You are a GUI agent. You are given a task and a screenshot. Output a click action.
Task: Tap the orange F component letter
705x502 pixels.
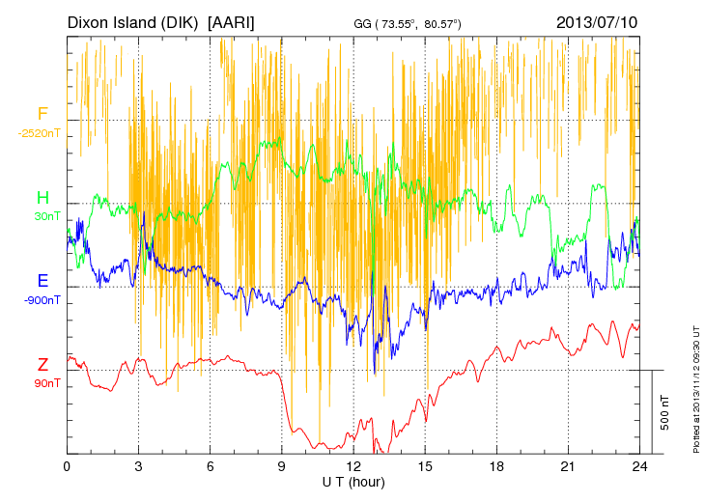pyautogui.click(x=42, y=115)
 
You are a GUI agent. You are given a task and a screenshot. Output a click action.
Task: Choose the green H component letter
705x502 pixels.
pyautogui.click(x=42, y=199)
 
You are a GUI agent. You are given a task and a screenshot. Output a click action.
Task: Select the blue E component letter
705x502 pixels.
pyautogui.click(x=42, y=282)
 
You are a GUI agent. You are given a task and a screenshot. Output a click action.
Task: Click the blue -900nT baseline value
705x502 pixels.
pyautogui.click(x=42, y=300)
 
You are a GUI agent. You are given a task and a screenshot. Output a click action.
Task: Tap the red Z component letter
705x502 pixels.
pyautogui.click(x=42, y=365)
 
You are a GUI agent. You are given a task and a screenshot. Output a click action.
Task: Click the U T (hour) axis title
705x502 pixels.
pyautogui.click(x=353, y=481)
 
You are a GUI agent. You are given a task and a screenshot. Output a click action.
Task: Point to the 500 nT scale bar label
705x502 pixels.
pyautogui.click(x=664, y=411)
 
